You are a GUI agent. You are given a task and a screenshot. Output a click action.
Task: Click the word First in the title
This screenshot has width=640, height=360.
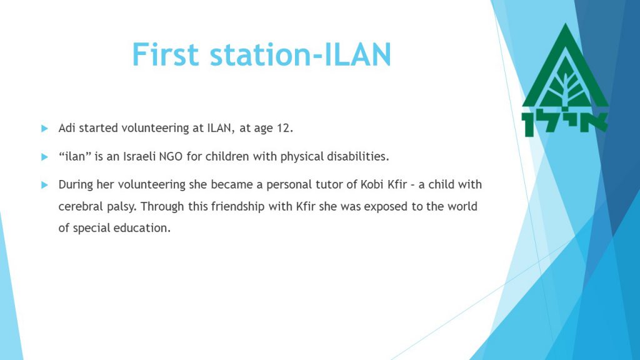pos(165,54)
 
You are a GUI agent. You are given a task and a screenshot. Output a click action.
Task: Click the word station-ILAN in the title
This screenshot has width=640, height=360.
pos(301,54)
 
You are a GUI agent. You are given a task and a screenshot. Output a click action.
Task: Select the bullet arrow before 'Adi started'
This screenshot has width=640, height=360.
pos(44,129)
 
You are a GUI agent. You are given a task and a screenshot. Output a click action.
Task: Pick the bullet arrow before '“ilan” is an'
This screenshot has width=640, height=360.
pos(44,157)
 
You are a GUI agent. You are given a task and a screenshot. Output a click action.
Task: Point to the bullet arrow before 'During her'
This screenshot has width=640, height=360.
pos(44,185)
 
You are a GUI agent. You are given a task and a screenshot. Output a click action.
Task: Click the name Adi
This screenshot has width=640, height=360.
pos(66,127)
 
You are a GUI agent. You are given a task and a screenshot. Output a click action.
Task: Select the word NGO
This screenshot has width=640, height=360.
pos(171,156)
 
